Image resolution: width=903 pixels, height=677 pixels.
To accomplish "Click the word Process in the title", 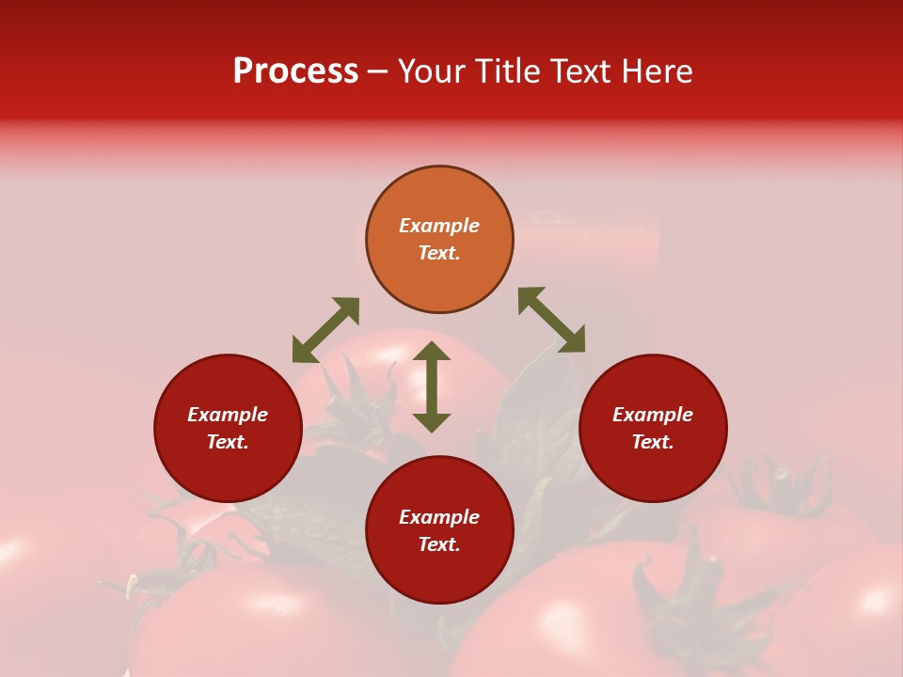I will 295,71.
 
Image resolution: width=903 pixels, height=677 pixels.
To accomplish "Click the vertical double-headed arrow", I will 432,387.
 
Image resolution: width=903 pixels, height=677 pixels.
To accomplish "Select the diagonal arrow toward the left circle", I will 325,330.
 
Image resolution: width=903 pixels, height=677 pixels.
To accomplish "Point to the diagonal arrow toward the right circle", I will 551,320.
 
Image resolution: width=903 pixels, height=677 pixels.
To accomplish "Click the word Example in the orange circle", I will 439,226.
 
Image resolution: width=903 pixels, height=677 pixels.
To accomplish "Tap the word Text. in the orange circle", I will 439,253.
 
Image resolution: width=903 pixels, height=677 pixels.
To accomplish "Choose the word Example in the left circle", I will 228,415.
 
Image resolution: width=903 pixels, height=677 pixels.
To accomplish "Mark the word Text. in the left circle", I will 228,442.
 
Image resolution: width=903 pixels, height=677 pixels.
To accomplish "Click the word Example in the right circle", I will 653,415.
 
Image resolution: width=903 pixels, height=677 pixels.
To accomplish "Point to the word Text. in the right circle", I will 653,442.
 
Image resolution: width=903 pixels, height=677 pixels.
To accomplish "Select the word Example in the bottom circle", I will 439,517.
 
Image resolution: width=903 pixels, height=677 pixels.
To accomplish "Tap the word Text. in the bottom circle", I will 439,544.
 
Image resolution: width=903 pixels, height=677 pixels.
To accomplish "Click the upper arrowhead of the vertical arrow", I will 432,352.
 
